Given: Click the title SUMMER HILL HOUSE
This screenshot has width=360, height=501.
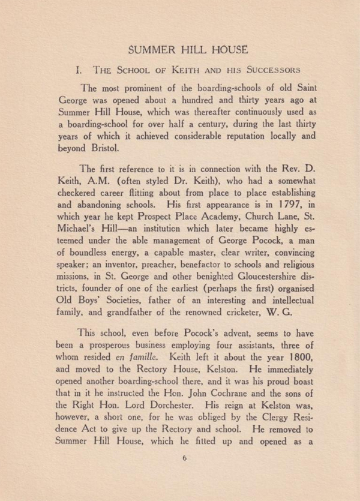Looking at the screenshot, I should pyautogui.click(x=180, y=47).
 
